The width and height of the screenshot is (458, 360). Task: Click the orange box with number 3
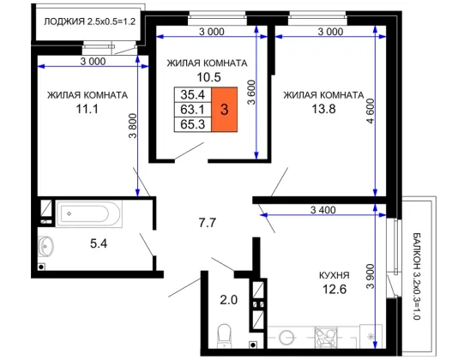pos(225,110)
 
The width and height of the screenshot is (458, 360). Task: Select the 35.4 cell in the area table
pos(193,94)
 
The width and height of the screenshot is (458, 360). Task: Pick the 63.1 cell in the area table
pos(193,110)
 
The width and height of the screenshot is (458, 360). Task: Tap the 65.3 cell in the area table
pos(193,124)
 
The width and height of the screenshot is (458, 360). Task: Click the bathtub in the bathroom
pos(89,213)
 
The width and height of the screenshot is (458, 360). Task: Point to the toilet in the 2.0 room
pos(225,336)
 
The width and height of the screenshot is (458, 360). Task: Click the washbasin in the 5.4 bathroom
pos(45,246)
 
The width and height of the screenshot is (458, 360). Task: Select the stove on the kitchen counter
pos(326,337)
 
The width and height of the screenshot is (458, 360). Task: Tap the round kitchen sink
pos(286,338)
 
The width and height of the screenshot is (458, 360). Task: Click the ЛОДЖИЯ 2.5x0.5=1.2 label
pos(90,21)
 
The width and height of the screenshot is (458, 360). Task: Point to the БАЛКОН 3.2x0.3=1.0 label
pos(417,276)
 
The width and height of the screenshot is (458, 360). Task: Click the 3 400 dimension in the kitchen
pos(322,210)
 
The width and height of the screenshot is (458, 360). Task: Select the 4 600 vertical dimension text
pos(370,111)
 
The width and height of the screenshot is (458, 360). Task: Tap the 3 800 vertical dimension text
pos(133,125)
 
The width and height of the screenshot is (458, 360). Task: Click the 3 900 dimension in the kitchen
pos(370,276)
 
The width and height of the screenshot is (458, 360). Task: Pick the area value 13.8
pos(323,109)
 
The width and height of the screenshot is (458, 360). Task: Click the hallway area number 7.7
pos(207,223)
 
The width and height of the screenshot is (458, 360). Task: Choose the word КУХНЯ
pos(334,275)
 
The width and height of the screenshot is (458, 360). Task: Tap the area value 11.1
pos(87,109)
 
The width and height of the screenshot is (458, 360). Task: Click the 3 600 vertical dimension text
pos(251,93)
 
